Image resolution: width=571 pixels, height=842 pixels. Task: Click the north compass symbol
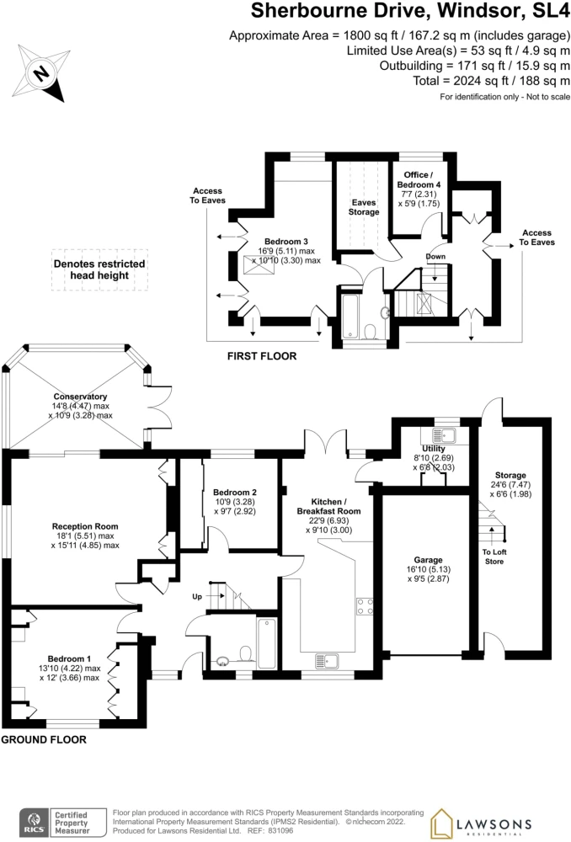40,73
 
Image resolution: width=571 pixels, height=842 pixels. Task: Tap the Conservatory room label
81,397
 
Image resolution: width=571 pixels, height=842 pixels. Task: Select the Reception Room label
85,526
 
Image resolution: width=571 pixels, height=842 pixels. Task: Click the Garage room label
428,560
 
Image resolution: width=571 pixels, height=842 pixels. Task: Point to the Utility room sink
444,434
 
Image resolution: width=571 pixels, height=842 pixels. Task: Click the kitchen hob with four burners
365,606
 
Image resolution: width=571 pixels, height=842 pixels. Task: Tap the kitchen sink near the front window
327,660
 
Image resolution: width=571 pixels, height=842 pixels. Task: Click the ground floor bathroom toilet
246,654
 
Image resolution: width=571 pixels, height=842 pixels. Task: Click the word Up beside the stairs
197,597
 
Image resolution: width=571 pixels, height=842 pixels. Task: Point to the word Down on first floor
435,256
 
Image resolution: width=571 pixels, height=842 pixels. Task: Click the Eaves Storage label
364,207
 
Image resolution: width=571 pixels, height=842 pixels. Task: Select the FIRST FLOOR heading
262,356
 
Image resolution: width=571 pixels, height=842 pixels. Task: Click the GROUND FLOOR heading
44,739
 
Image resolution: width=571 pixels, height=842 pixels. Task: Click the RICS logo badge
56,822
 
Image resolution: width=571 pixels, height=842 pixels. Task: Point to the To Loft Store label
494,557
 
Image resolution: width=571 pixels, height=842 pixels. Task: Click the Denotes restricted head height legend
99,269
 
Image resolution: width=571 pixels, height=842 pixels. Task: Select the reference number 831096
280,831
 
